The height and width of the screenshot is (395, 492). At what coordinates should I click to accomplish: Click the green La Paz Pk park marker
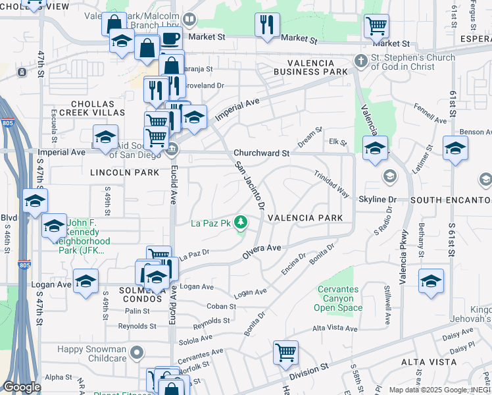pyautogui.click(x=241, y=223)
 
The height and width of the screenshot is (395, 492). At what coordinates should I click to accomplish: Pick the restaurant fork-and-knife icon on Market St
pyautogui.click(x=267, y=25)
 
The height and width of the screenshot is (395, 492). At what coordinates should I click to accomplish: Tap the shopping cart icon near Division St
pyautogui.click(x=285, y=352)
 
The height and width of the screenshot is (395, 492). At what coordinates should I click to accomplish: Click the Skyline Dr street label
pyautogui.click(x=378, y=199)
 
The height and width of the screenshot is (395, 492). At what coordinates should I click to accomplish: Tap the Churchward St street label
pyautogui.click(x=262, y=153)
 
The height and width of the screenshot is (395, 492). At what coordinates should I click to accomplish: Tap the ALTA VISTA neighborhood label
pyautogui.click(x=429, y=362)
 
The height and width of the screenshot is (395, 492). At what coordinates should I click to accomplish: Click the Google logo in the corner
pyautogui.click(x=22, y=387)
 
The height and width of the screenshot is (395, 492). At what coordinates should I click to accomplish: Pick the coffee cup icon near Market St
pyautogui.click(x=170, y=38)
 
